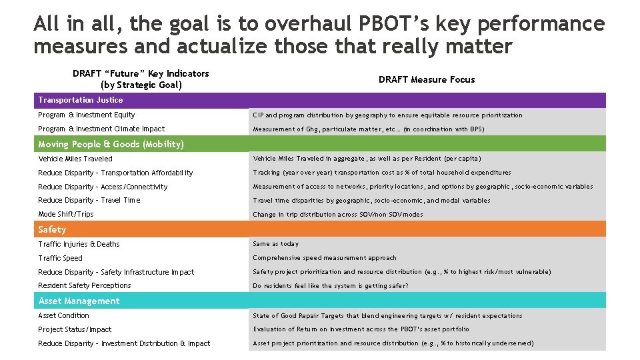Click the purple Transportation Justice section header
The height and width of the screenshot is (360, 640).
(x=81, y=100)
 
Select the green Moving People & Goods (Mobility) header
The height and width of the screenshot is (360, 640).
(x=111, y=144)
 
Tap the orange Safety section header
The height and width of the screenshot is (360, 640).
(x=52, y=229)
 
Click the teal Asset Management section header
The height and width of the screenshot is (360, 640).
(x=79, y=301)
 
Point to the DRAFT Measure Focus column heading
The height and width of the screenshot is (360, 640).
(x=427, y=79)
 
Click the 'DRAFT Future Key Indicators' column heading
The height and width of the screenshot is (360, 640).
(x=141, y=79)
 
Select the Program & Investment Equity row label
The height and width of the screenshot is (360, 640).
(x=87, y=115)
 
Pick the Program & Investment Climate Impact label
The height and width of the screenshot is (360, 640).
(x=101, y=129)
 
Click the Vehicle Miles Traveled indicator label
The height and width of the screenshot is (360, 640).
(x=75, y=159)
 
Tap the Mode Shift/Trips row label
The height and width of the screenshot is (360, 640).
(x=66, y=214)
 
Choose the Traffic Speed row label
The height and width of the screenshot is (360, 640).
(x=61, y=258)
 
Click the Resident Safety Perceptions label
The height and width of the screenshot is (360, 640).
(x=85, y=285)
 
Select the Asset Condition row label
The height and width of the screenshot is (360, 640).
(x=63, y=315)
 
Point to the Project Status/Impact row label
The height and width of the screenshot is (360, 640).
(x=75, y=329)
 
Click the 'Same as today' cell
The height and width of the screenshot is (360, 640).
(x=276, y=244)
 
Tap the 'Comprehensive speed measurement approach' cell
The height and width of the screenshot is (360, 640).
(x=325, y=258)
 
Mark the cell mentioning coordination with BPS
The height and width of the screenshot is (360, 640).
(x=369, y=129)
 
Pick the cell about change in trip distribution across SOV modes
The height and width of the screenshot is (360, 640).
(x=338, y=215)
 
